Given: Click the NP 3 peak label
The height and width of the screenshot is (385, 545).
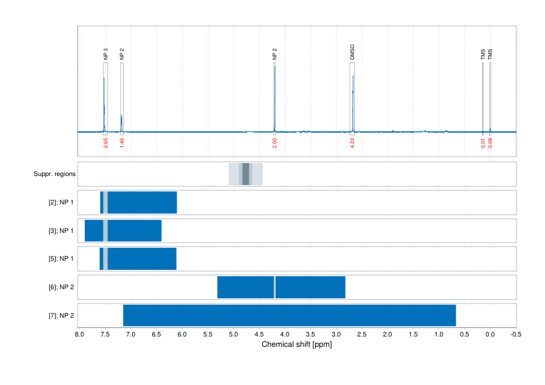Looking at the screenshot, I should tap(106, 54).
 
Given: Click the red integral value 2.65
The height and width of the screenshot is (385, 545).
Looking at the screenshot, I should tap(105, 143).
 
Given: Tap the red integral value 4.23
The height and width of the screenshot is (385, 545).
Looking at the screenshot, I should tap(352, 143).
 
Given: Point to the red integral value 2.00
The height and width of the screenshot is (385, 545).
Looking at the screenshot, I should tap(274, 143).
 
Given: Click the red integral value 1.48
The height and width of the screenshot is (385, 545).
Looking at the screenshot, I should tap(122, 143).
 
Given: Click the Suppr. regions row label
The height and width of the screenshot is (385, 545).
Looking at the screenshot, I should tap(54, 174).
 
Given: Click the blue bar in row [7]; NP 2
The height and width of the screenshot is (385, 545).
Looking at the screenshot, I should tap(289, 315).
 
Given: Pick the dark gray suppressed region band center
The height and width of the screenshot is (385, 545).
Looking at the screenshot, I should tap(246, 174).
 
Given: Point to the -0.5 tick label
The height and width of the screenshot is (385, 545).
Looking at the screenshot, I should tap(515, 335).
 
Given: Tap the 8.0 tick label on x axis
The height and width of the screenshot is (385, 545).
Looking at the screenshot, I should tap(79, 335).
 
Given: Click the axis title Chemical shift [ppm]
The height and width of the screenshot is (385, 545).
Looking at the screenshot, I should tap(296, 344).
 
